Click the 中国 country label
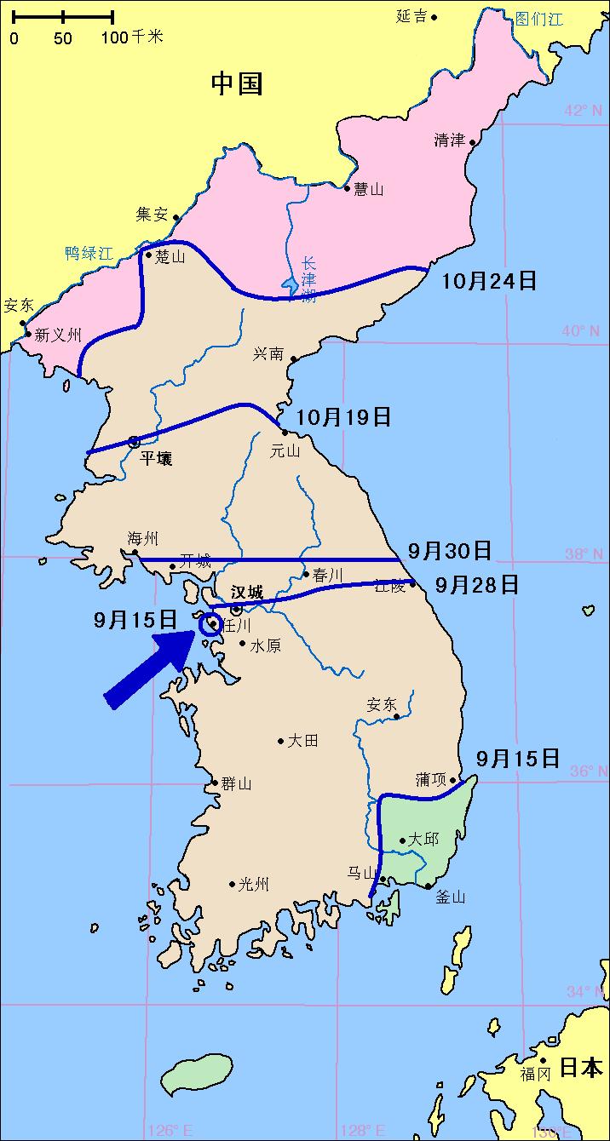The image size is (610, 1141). point(237,83)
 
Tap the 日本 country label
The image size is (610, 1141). point(581,1067)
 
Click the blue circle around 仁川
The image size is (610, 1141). point(210,624)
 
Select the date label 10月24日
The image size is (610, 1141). point(489,280)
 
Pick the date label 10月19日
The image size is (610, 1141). point(343,416)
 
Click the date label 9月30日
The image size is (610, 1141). point(449,551)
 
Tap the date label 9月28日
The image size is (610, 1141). point(476,585)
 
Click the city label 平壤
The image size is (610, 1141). point(156,459)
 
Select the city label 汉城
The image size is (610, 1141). point(247,592)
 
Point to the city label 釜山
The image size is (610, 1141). point(451,897)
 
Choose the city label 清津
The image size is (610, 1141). point(449,140)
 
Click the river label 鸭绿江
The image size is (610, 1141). point(89,253)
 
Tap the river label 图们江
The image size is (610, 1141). point(538,19)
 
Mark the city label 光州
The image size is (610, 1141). point(253,885)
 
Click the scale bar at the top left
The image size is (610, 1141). point(63,16)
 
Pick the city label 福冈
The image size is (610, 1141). point(536,1074)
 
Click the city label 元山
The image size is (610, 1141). point(285,451)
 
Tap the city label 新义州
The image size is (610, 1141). point(58,335)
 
